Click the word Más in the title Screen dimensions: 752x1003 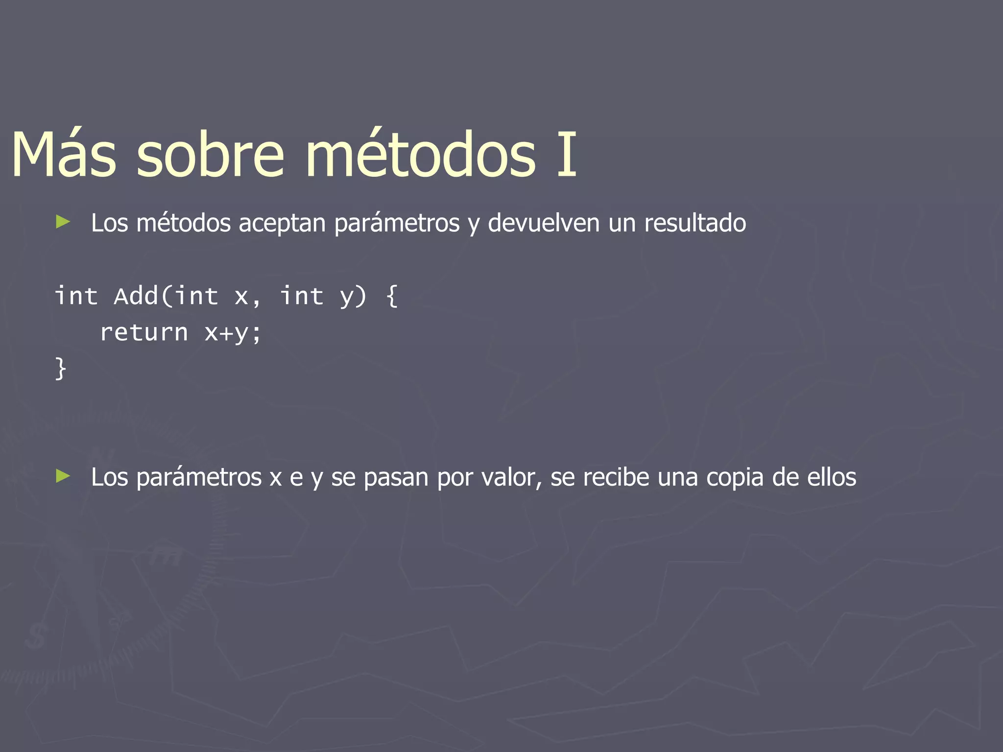(64, 154)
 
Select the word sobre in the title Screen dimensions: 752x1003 (210, 154)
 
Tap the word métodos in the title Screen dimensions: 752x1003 (421, 154)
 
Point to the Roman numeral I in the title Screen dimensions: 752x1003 (567, 154)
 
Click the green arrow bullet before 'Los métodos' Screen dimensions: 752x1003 (63, 222)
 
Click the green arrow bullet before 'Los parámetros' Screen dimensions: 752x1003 (63, 476)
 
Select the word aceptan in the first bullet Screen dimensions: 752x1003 (282, 223)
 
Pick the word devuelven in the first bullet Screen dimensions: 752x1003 (544, 223)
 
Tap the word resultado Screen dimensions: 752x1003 (695, 223)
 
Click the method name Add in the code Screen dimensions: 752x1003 (136, 296)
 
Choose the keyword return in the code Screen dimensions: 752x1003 (144, 333)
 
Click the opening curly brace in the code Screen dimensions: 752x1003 (392, 296)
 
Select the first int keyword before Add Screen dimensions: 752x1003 (76, 296)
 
